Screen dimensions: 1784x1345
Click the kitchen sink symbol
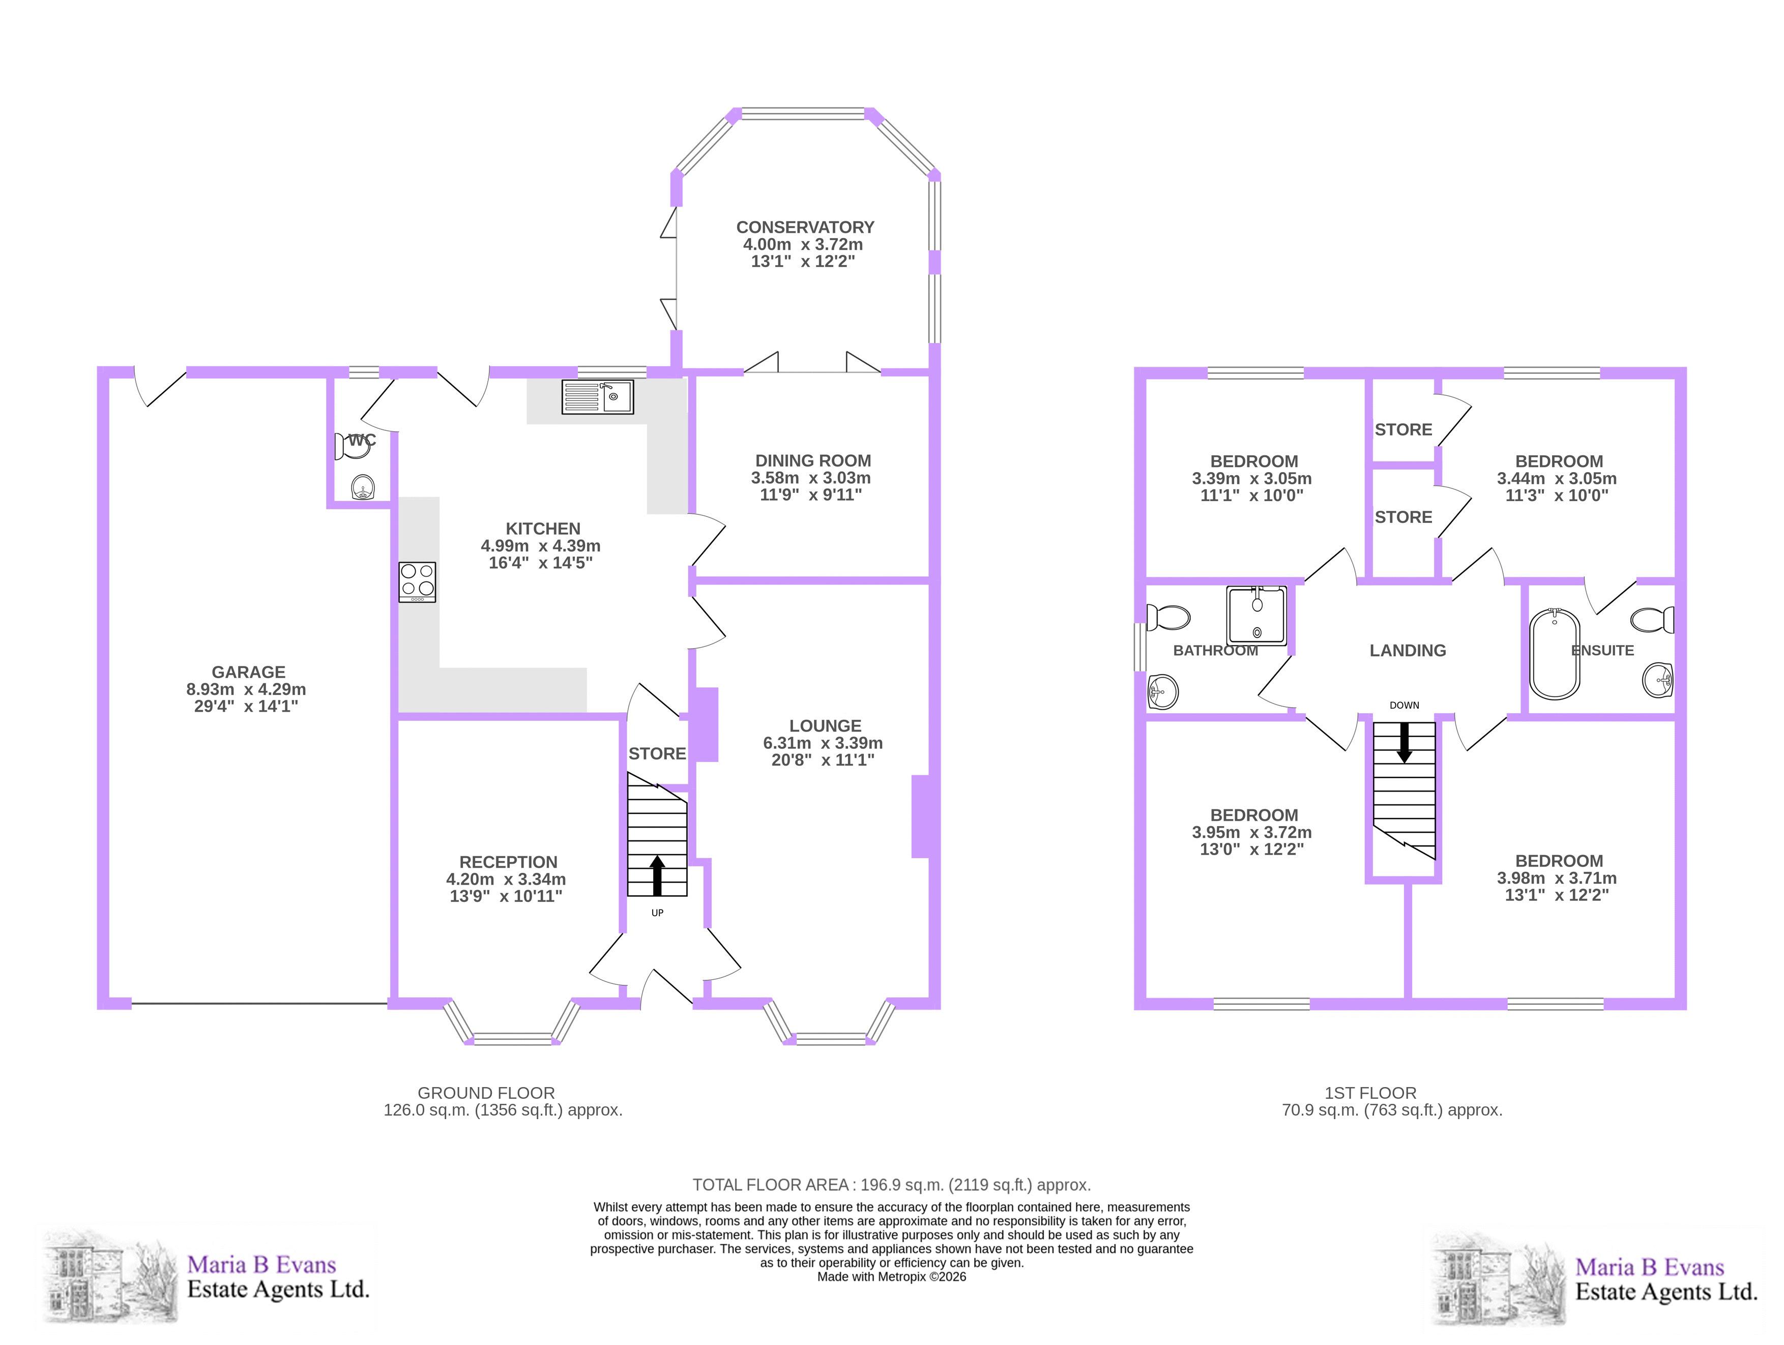click(598, 397)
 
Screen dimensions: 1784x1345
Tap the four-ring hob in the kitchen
click(417, 582)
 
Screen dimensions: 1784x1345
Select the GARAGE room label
click(248, 671)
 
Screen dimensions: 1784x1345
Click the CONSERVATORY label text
click(805, 227)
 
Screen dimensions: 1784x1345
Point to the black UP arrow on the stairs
click(657, 875)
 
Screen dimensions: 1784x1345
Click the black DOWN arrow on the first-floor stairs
click(1404, 742)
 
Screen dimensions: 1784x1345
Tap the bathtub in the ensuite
click(1555, 654)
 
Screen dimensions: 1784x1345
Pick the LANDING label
click(1408, 650)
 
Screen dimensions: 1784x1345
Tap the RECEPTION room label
click(508, 862)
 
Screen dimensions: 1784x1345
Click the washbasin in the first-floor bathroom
click(1162, 691)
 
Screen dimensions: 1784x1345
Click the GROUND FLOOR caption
click(486, 1093)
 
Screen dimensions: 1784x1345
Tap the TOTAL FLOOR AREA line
click(891, 1185)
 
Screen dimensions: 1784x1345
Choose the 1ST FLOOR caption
click(1370, 1093)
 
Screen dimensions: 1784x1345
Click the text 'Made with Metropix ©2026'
click(891, 1276)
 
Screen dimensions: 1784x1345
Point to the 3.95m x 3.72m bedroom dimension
click(1252, 832)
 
